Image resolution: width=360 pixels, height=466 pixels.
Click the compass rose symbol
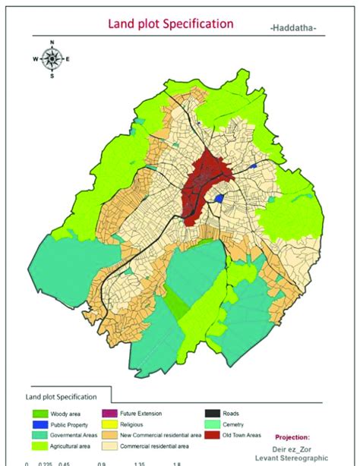[x=52, y=58]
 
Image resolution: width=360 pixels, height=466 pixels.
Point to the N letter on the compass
[x=52, y=43]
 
